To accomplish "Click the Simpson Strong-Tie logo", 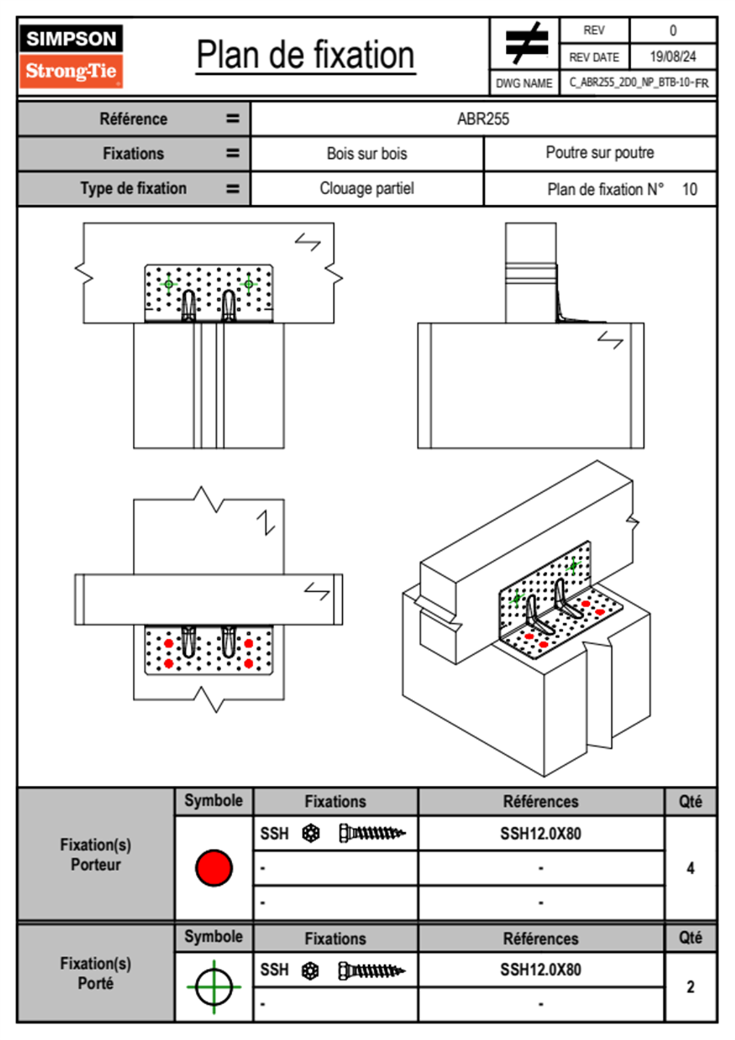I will (x=71, y=56).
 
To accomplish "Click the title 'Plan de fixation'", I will (x=305, y=56).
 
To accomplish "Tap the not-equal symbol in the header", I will (x=526, y=43).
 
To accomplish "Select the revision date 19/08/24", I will (x=673, y=57).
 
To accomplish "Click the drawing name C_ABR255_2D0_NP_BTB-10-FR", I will (x=638, y=83).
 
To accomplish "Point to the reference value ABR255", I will (x=483, y=119).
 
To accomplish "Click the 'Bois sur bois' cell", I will (x=367, y=153).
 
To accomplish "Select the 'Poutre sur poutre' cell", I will (x=600, y=153).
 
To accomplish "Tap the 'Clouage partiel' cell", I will (x=367, y=188).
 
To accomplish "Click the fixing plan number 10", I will (x=689, y=189).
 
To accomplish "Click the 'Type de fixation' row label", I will (x=133, y=188).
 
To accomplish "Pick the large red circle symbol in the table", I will (x=214, y=867).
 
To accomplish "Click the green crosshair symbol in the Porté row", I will (x=214, y=987).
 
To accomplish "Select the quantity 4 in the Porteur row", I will (x=690, y=868).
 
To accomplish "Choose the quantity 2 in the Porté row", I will (x=690, y=987).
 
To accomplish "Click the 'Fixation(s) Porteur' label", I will (x=96, y=855).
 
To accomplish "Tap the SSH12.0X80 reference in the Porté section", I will (x=540, y=970).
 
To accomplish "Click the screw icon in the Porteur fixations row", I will (x=372, y=833).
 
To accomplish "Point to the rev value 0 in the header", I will (x=673, y=30).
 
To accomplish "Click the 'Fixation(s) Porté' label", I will (x=96, y=973).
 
